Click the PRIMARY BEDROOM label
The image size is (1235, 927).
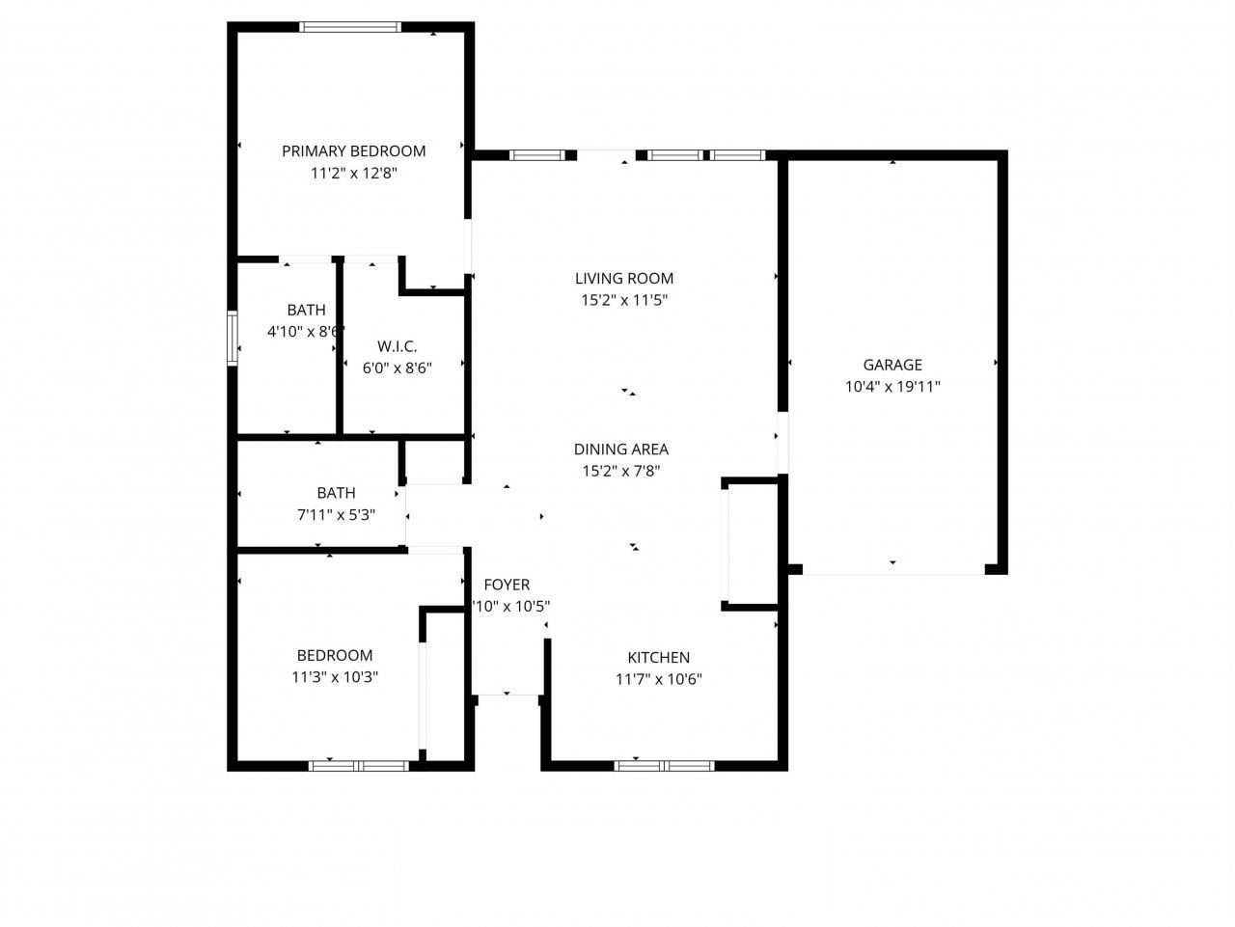[353, 150]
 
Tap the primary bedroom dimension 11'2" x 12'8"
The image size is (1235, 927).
[353, 174]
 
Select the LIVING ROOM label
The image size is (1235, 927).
[623, 278]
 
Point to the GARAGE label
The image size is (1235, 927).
[892, 365]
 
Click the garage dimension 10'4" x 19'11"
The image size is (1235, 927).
[892, 387]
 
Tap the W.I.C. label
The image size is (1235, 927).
[397, 345]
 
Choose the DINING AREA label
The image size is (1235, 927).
[620, 449]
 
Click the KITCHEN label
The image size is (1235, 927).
[658, 657]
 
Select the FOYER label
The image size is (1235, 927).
[507, 585]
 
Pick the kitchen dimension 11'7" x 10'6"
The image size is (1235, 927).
[658, 679]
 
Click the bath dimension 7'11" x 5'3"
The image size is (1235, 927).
[336, 515]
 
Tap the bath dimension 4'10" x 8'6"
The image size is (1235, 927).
[305, 332]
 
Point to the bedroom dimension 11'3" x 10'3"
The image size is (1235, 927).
[334, 677]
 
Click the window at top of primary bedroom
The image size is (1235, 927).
[350, 27]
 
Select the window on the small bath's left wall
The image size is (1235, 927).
[232, 338]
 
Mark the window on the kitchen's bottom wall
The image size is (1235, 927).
[664, 766]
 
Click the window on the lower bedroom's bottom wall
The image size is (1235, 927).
[358, 766]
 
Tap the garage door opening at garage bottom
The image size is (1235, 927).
[892, 570]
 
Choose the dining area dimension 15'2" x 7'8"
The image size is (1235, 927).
[620, 472]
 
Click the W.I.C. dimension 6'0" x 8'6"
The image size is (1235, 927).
[397, 368]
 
